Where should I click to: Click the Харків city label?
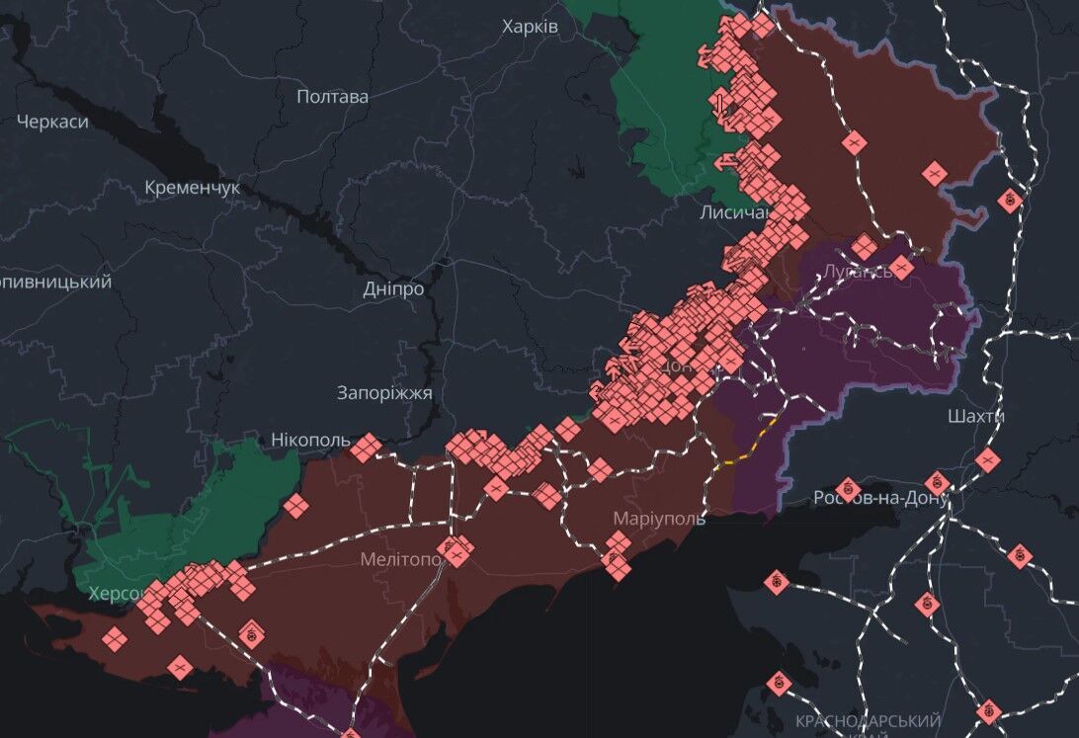pos(530,27)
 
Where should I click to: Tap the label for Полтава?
pos(332,97)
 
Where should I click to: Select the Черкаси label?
pos(52,123)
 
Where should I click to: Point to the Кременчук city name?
pos(192,187)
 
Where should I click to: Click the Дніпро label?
pos(393,289)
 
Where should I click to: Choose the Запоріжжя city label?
pos(384,393)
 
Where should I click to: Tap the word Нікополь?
pos(310,440)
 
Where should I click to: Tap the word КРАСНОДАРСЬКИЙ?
pos(868,721)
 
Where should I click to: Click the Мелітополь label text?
pos(400,560)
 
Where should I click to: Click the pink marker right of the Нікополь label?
pos(366,449)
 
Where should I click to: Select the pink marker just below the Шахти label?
pos(987,458)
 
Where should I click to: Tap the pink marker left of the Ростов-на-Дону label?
pos(847,489)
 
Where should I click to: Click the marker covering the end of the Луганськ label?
pos(901,268)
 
